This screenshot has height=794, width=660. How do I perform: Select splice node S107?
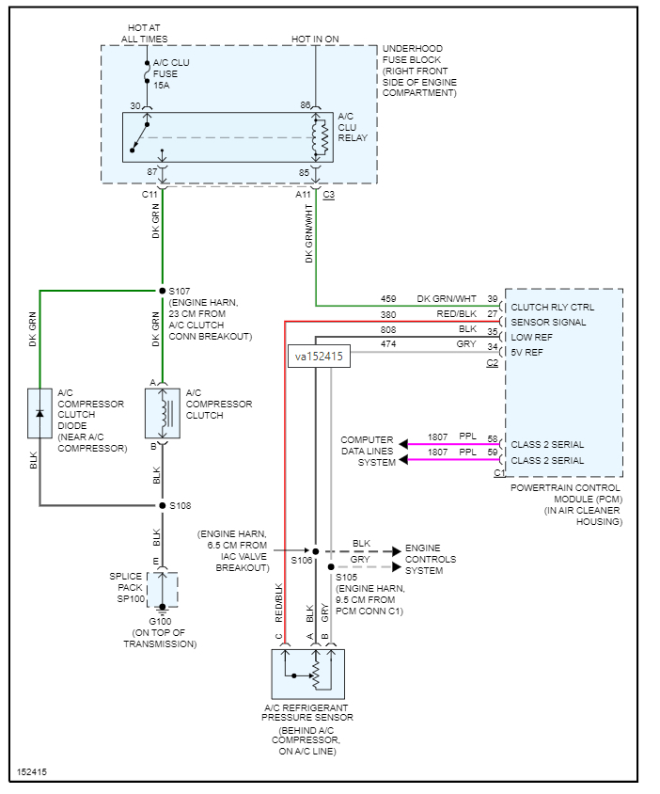161,290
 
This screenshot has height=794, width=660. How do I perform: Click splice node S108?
161,505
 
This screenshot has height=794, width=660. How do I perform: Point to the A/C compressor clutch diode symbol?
40,413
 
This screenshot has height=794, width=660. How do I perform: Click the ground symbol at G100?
163,607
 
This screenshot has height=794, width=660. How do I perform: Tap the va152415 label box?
319,357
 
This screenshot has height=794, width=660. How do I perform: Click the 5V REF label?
526,352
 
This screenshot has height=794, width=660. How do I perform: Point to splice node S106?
316,551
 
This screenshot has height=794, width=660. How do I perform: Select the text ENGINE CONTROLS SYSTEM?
431,559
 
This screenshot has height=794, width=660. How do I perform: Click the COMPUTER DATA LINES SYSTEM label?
368,451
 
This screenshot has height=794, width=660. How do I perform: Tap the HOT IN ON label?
315,38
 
